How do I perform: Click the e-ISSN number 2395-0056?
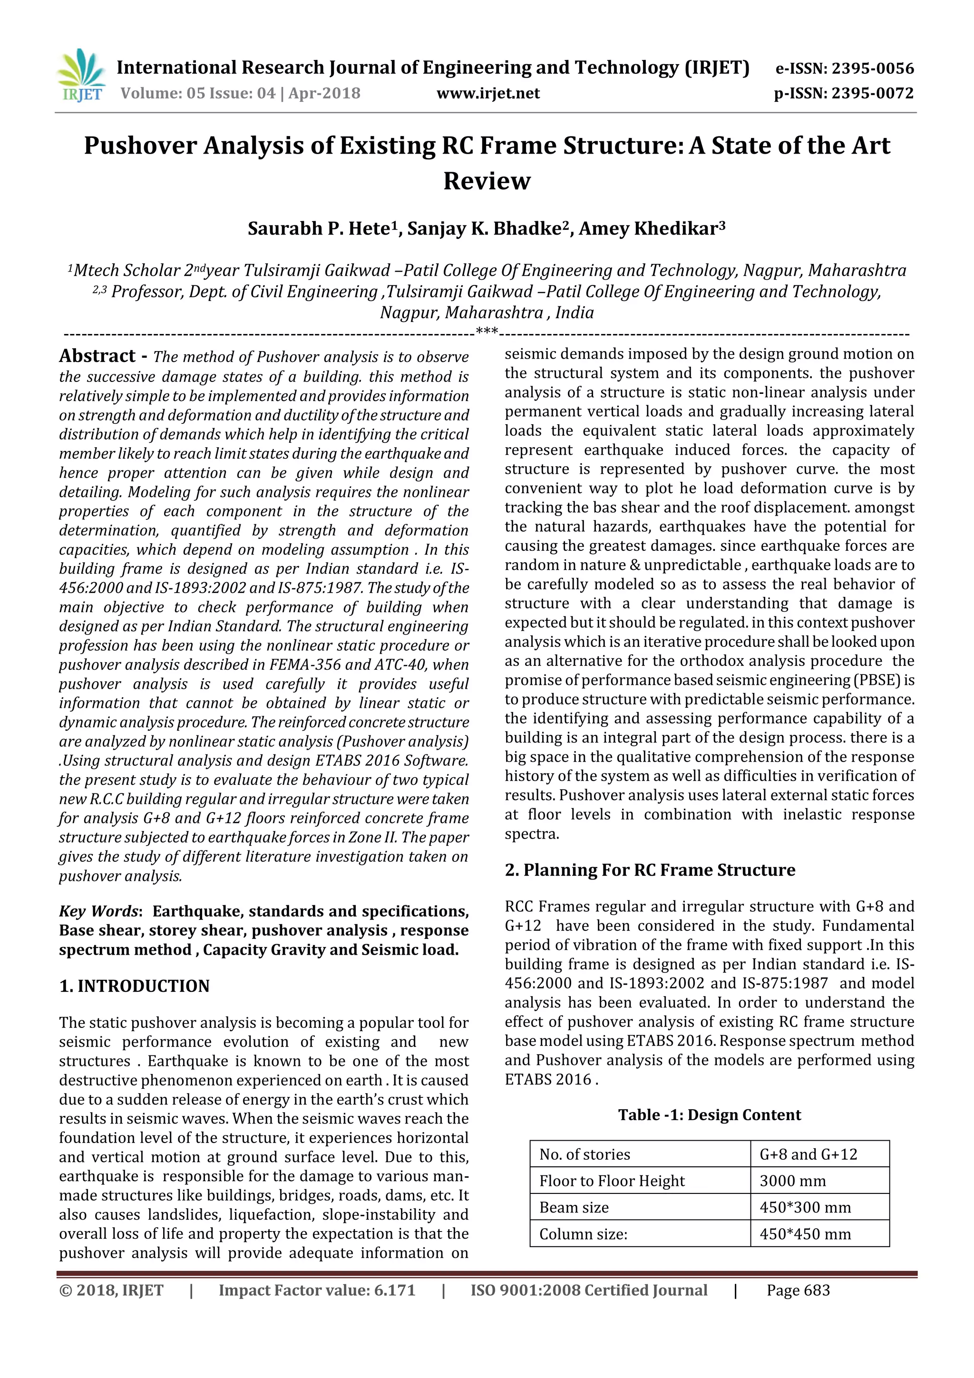coord(873,68)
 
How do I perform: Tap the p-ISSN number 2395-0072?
coord(873,94)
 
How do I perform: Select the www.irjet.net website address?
coord(488,93)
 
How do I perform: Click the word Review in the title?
coord(487,181)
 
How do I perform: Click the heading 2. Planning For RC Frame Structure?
coord(650,870)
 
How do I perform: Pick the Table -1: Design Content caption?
coord(710,1114)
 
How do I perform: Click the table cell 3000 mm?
coord(792,1181)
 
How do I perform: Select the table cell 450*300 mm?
coord(805,1207)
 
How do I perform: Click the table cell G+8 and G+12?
coord(808,1154)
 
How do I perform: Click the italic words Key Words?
coord(98,911)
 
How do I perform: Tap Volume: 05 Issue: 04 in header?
coord(198,94)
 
